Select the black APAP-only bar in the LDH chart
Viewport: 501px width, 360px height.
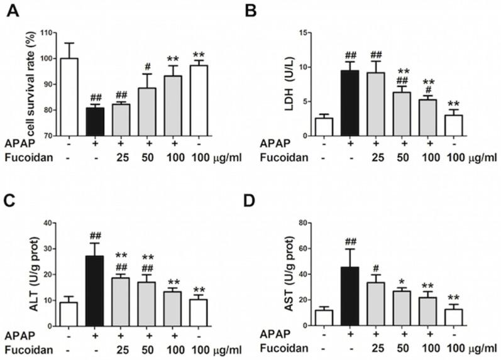[x=350, y=103]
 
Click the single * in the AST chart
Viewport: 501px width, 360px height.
[x=400, y=275]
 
